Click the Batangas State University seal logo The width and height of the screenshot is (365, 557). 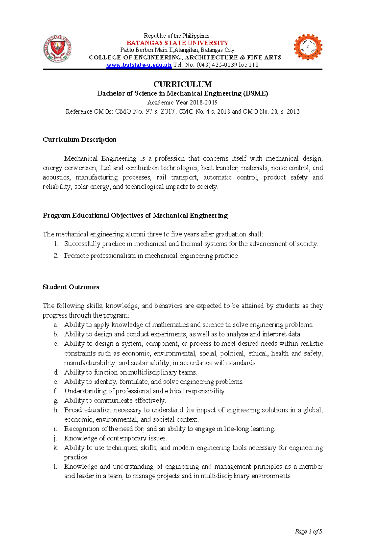point(58,49)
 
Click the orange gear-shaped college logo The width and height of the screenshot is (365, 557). point(308,47)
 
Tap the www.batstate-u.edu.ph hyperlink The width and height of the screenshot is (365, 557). point(139,65)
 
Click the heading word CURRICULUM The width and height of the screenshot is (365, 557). point(182,84)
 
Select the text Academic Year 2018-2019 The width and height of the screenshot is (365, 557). point(182,103)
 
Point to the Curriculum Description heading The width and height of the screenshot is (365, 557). point(80,140)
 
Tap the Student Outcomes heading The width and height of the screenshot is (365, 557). point(71,287)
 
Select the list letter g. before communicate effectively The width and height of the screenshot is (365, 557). point(56,401)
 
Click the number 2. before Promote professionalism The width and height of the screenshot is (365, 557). point(56,256)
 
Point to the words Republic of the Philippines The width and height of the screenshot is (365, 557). point(177,36)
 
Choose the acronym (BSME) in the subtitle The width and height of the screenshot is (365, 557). point(255,93)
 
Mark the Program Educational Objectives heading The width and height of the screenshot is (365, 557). point(135,216)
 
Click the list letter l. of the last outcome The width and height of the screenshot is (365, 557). point(55,467)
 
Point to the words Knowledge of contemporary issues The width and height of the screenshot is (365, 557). point(116,438)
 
